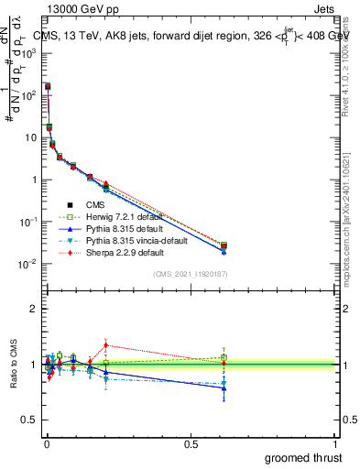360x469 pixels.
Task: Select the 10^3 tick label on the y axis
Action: pyautogui.click(x=28, y=53)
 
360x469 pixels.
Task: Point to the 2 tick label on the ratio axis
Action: pyautogui.click(x=32, y=309)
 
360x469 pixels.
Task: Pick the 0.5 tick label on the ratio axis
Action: pyautogui.click(x=28, y=420)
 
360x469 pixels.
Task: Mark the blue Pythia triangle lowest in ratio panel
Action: pyautogui.click(x=224, y=387)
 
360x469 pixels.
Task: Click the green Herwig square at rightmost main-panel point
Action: pyautogui.click(x=224, y=245)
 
